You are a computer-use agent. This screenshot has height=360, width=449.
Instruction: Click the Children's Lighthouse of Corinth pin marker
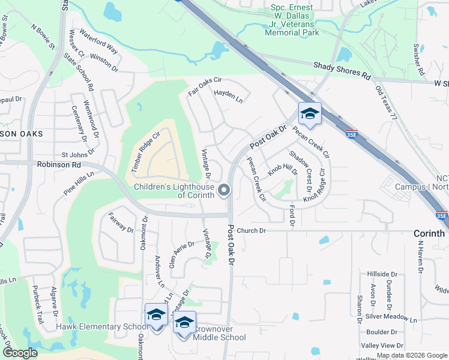[x=224, y=191]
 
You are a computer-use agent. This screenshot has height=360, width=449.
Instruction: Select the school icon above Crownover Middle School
[x=185, y=322]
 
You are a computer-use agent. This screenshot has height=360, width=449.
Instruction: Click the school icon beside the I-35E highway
[x=310, y=114]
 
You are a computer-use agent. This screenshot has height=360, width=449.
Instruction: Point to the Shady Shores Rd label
[x=341, y=70]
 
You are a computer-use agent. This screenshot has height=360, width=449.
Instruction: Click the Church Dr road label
[x=251, y=230]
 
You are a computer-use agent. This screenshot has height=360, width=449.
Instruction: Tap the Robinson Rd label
[x=58, y=164]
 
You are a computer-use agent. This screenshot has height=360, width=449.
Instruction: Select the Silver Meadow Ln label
[x=391, y=316]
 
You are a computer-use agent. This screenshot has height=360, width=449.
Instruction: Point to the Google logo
[x=19, y=353]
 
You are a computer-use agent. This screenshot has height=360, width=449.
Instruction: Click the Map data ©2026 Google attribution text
[x=411, y=355]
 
